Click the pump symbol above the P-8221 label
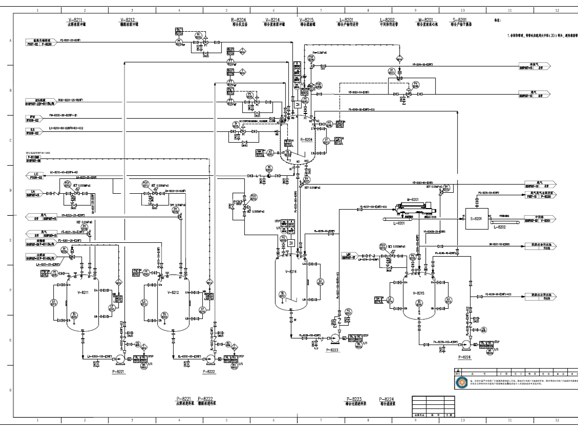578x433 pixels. point(118,357)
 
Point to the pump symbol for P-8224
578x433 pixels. point(466,343)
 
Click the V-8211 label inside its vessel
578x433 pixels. point(81,292)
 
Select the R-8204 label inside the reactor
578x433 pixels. point(306,139)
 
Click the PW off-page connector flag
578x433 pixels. point(33,118)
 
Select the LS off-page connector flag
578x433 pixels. point(33,132)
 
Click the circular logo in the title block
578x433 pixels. point(461,382)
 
